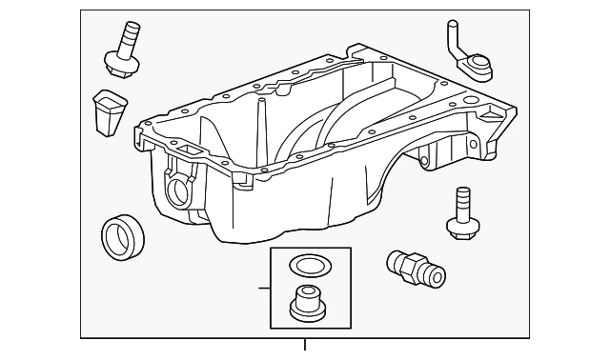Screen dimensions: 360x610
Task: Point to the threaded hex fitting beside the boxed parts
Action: [x=415, y=268]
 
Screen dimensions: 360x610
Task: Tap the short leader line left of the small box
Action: [x=263, y=287]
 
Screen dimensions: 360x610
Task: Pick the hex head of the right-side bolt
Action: [x=461, y=225]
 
